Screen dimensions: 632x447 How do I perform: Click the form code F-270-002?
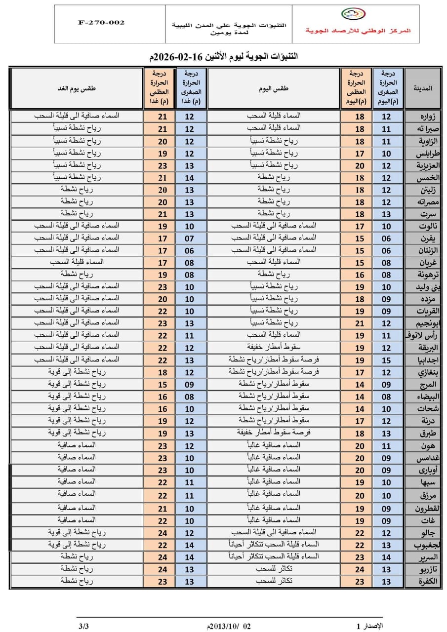coord(101,23)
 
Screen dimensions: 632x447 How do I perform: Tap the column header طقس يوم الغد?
coord(77,88)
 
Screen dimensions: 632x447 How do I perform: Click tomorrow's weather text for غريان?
coord(77,262)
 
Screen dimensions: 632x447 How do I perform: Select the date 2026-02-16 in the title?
coord(178,57)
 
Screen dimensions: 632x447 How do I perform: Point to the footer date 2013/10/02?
coord(229,626)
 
